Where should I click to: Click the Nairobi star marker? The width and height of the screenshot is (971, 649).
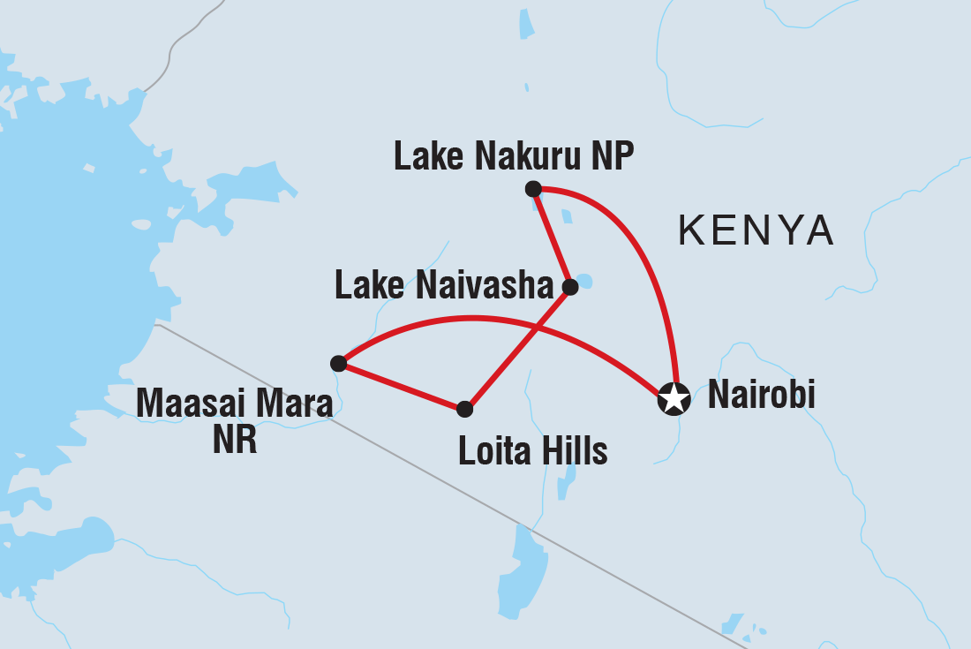click(x=674, y=398)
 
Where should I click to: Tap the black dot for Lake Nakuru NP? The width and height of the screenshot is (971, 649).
click(x=532, y=188)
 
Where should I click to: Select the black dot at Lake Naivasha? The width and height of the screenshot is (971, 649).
click(x=570, y=286)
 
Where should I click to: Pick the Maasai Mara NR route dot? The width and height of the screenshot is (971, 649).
click(x=338, y=363)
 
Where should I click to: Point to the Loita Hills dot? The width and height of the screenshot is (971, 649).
click(x=465, y=409)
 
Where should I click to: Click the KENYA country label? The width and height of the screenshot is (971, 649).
click(x=756, y=230)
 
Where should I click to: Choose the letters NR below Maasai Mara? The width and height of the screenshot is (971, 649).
click(x=235, y=439)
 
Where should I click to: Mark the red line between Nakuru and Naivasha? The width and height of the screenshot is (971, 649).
click(x=552, y=238)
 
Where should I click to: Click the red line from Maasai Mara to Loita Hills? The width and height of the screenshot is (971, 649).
click(x=402, y=386)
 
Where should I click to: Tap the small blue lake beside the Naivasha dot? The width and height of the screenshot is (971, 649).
click(x=585, y=283)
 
